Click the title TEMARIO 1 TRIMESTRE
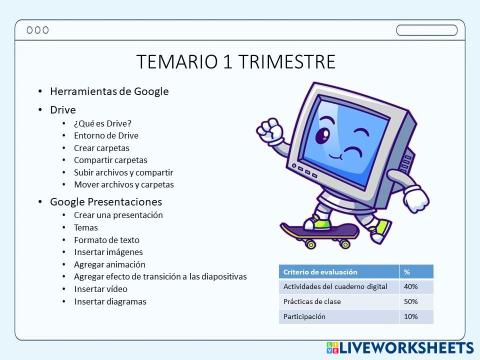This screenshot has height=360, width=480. click(235, 63)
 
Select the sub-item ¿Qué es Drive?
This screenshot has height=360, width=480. click(102, 123)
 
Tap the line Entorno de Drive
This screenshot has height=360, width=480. click(106, 135)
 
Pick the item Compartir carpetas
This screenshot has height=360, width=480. click(110, 160)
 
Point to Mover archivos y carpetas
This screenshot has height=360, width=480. click(123, 184)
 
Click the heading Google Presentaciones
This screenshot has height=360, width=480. click(105, 201)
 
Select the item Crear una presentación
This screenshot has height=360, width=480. click(118, 215)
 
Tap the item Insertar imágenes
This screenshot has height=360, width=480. click(110, 252)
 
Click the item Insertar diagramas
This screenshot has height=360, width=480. click(110, 301)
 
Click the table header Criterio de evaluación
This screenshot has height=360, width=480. click(319, 271)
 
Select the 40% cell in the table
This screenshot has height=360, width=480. click(411, 286)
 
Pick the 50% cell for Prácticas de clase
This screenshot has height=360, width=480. click(411, 301)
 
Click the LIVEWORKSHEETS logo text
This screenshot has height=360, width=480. click(406, 347)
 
